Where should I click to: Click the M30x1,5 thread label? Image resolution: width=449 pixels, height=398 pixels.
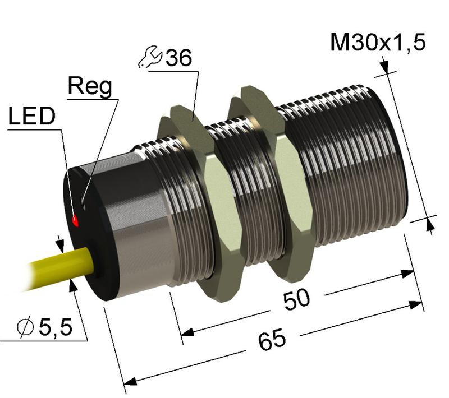tap(377, 42)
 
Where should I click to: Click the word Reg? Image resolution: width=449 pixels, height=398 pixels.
tap(89, 86)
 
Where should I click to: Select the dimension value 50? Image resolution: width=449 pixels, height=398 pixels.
tap(296, 300)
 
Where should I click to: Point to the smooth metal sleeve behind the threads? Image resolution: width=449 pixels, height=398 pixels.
tap(140, 224)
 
